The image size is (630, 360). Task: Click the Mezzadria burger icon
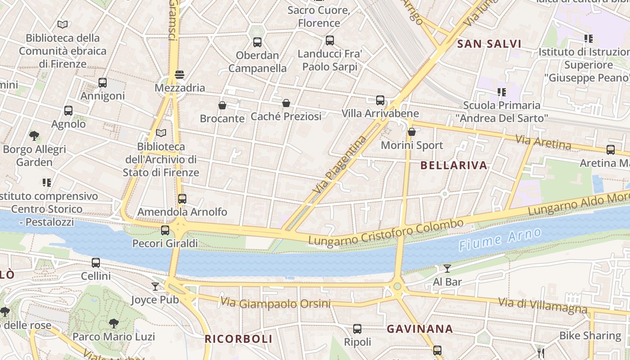179,74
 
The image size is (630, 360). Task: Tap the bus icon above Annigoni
103,82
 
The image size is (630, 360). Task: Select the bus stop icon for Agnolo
68,110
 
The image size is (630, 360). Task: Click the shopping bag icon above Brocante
222,105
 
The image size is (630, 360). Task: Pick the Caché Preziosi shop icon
286,103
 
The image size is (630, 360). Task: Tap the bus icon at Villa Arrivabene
380,100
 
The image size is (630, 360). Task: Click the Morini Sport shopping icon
411,132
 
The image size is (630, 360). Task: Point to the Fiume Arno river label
499,239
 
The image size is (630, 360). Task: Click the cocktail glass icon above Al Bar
447,269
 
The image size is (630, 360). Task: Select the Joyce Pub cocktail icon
155,286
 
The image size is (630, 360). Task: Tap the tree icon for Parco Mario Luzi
113,323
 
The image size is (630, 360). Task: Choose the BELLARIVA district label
454,165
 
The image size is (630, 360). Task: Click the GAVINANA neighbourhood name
420,329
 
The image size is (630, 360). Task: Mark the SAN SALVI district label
489,44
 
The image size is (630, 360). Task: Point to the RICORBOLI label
238,339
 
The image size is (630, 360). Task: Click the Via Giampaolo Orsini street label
275,304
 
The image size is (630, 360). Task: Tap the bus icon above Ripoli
357,328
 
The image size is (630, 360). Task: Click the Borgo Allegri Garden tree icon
34,135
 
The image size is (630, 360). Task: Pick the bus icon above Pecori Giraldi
165,230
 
